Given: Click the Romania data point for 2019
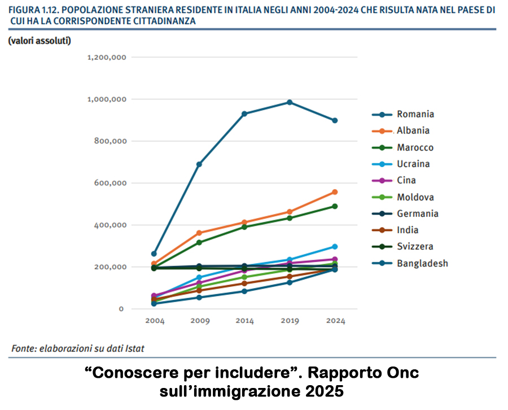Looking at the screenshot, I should coord(290,102).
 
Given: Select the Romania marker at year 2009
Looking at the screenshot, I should coord(199,164).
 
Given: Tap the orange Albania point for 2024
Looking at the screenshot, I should coord(335,192).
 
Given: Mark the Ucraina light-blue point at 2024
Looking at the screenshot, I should coord(335,247).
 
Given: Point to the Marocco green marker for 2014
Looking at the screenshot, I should coord(244,227).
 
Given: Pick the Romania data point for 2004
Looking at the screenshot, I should coord(154,254).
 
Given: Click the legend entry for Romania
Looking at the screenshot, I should coord(415,114).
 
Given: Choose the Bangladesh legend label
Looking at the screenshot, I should coord(422,263).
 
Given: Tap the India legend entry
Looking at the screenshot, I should coord(408,230).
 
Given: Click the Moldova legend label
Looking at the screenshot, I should coord(415,197).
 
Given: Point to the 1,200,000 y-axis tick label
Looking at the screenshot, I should coord(106,58).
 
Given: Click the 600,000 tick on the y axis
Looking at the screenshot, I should coord(110,183).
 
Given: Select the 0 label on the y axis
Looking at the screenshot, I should coord(120,309).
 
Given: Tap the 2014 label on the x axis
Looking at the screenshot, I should coord(244,321).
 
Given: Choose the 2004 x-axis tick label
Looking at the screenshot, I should coord(154,321).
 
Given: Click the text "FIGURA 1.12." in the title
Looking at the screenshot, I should coord(35,10).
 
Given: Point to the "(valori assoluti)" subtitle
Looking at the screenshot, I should coord(39,41).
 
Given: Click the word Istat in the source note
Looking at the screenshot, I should coord(133,348).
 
